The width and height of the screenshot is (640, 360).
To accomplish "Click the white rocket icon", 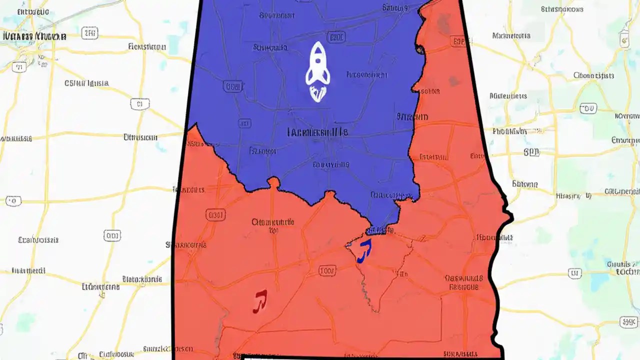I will click(x=317, y=64).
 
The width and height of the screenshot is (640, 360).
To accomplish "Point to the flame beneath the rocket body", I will click(x=317, y=93).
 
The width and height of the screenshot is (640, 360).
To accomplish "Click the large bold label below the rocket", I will click(x=317, y=132).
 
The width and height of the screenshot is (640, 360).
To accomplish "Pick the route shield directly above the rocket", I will click(x=337, y=37).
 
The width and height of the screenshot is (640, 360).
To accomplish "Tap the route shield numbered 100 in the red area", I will click(x=327, y=271).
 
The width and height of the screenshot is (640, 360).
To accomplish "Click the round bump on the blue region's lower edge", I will click(x=273, y=182).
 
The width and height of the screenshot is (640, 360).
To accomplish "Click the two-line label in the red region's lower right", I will click(x=463, y=282).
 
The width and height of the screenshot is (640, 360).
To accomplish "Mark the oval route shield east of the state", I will click(x=588, y=108).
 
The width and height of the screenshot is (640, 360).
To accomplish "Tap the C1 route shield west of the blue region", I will click(x=139, y=104).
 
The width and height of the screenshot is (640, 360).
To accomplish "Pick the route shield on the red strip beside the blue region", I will click(x=457, y=42).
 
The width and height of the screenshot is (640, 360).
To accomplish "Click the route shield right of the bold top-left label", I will click(x=90, y=34).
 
